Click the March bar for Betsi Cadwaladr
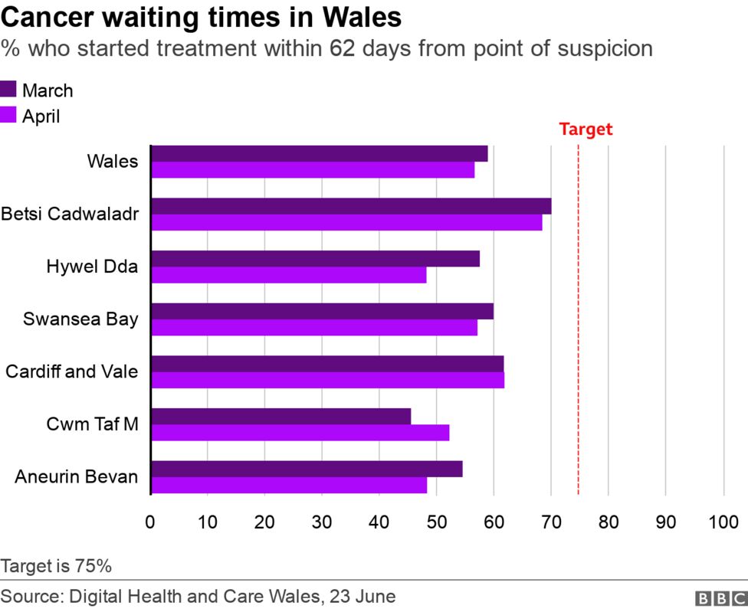(351, 206)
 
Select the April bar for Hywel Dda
(289, 275)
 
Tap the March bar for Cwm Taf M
(281, 417)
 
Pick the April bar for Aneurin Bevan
(289, 485)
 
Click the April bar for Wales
(313, 170)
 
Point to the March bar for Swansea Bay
(322, 311)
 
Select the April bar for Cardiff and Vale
(328, 380)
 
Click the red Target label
(586, 129)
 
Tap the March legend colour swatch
(8, 90)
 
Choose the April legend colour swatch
(8, 116)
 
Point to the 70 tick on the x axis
(551, 522)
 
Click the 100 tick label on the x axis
(723, 522)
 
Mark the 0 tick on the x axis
(150, 522)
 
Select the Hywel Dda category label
(92, 267)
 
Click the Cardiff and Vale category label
(72, 372)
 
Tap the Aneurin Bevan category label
(77, 477)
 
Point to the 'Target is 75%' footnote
(57, 567)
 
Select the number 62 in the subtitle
(342, 49)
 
